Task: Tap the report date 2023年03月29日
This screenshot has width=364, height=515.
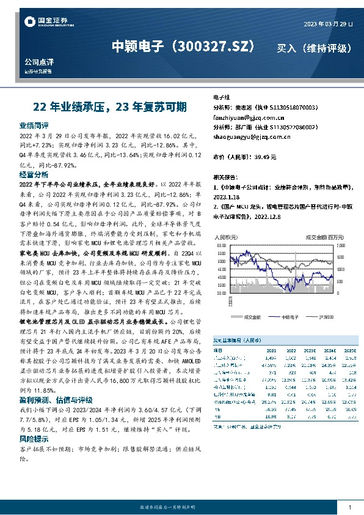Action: (327, 24)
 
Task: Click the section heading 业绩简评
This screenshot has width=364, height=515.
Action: (34, 125)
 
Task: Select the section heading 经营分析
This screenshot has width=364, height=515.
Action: (34, 174)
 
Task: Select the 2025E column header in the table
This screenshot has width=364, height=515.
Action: (348, 351)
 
